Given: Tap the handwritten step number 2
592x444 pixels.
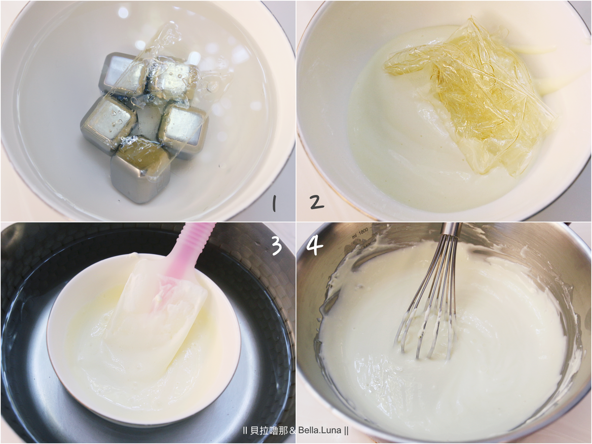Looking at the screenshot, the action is [317, 202].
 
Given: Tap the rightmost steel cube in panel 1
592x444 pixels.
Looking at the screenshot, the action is [184, 129].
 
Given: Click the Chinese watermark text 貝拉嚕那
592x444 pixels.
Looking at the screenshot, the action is [269, 430].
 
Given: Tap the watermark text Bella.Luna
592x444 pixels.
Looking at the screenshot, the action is [320, 430].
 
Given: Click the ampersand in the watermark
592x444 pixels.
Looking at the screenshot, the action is [293, 431].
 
